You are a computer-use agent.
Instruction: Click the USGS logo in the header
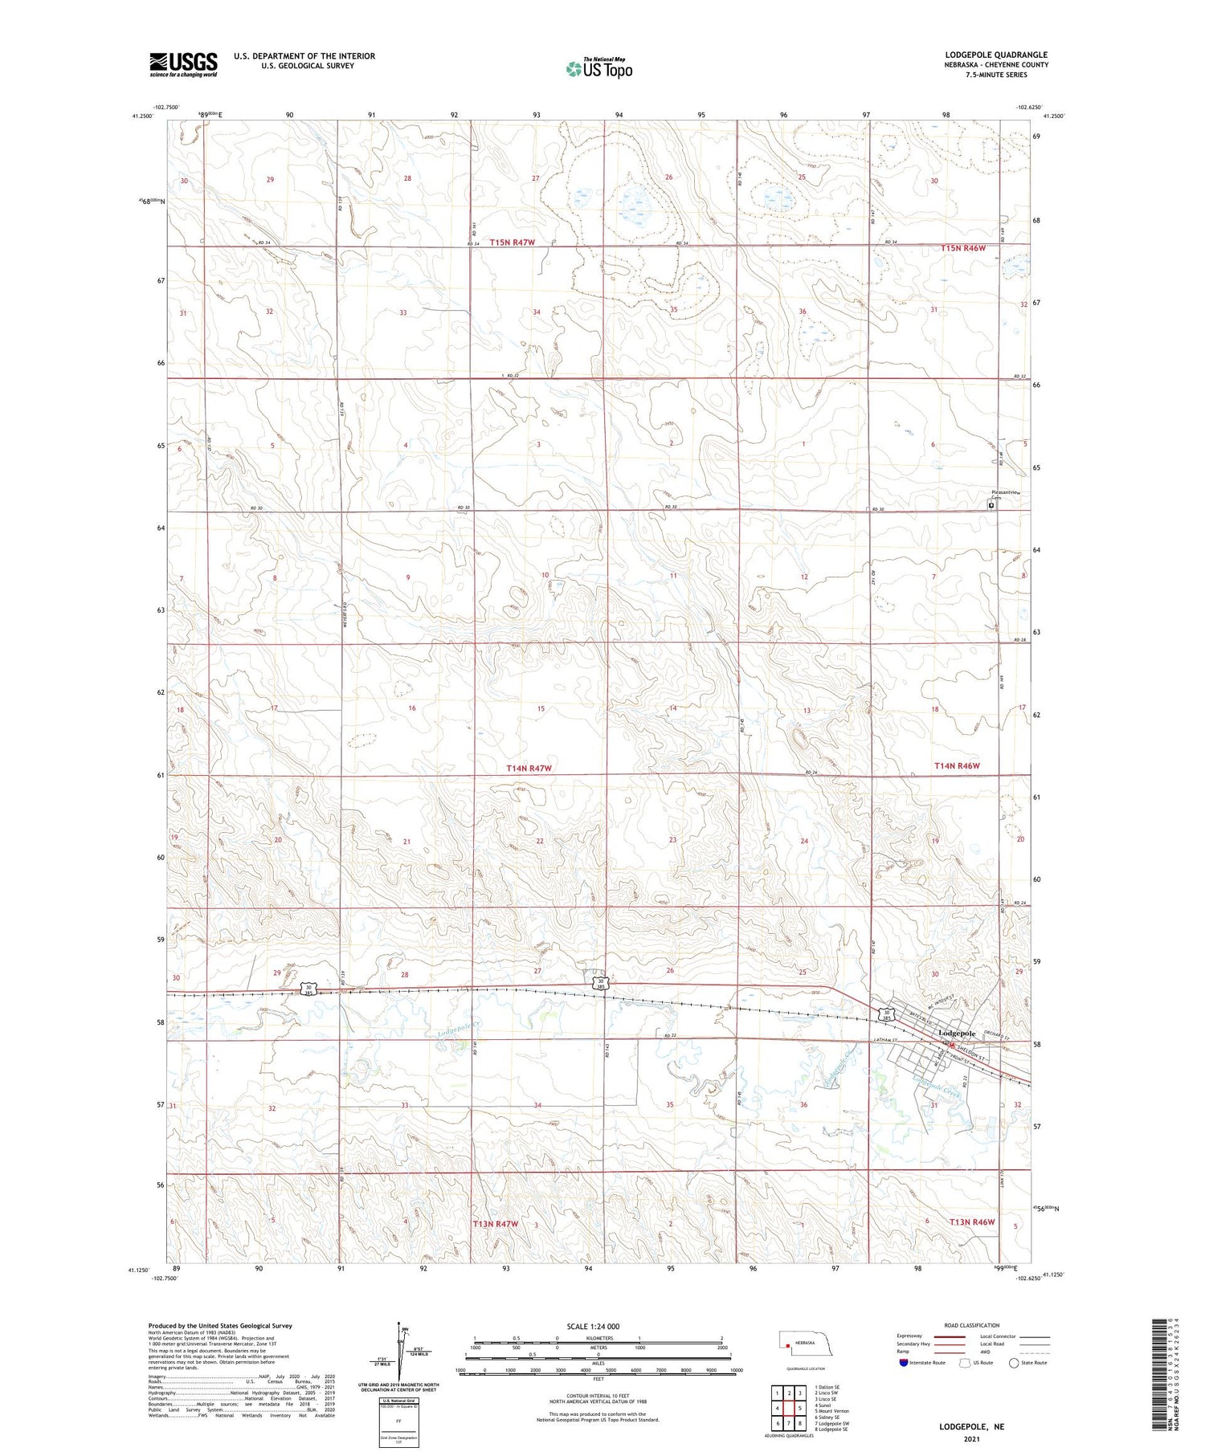click(x=183, y=64)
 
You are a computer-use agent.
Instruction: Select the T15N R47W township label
click(x=512, y=242)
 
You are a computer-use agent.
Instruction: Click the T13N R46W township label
click(x=972, y=1221)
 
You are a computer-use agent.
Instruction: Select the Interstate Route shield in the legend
click(x=903, y=1363)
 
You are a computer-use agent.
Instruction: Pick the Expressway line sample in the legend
click(x=947, y=1337)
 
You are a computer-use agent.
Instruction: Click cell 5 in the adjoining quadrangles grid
click(x=800, y=1408)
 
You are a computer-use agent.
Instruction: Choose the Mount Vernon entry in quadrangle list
click(x=832, y=1411)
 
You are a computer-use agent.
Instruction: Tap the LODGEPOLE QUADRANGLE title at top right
click(x=996, y=55)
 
